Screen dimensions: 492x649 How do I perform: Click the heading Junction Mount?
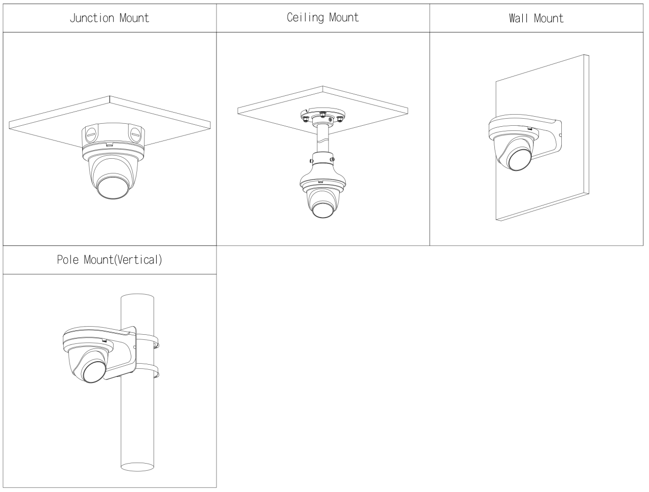pyautogui.click(x=110, y=18)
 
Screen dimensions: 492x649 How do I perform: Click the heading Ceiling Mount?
pyautogui.click(x=323, y=18)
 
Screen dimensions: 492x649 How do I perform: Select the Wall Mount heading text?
pyautogui.click(x=536, y=19)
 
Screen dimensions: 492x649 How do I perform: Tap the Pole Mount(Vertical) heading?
pyautogui.click(x=110, y=261)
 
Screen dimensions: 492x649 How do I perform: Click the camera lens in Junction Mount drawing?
pyautogui.click(x=112, y=187)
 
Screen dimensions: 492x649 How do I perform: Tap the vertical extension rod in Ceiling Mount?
pyautogui.click(x=322, y=137)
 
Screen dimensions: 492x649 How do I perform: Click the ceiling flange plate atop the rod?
pyautogui.click(x=322, y=116)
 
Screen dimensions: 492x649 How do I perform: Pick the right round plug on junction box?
pyautogui.click(x=135, y=134)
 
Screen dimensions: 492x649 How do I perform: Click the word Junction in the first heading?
pyautogui.click(x=91, y=18)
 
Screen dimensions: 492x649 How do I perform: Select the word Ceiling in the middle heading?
pyautogui.click(x=306, y=18)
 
